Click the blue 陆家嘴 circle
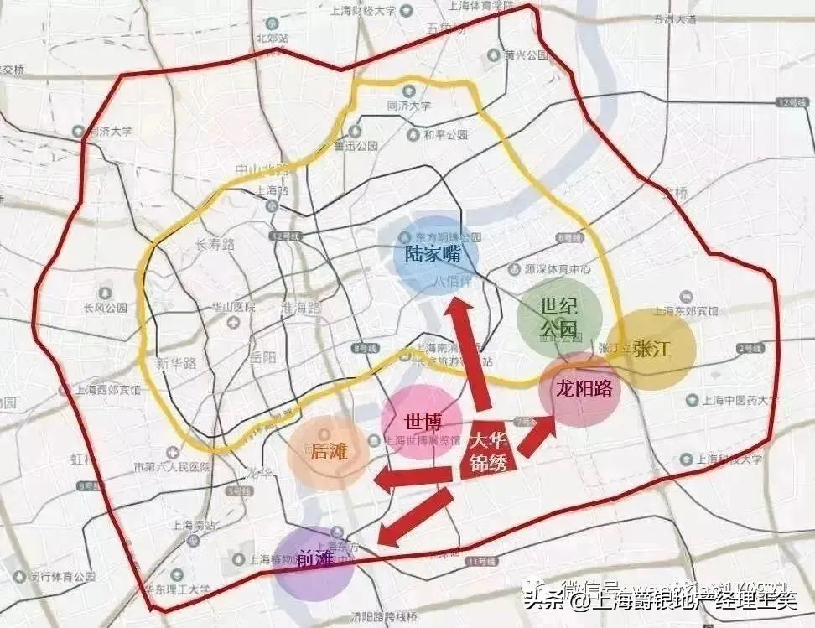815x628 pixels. [435, 253]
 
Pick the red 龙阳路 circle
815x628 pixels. [580, 389]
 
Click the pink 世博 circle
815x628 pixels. [421, 421]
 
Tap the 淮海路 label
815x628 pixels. [297, 307]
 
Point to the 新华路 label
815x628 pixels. [176, 363]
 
